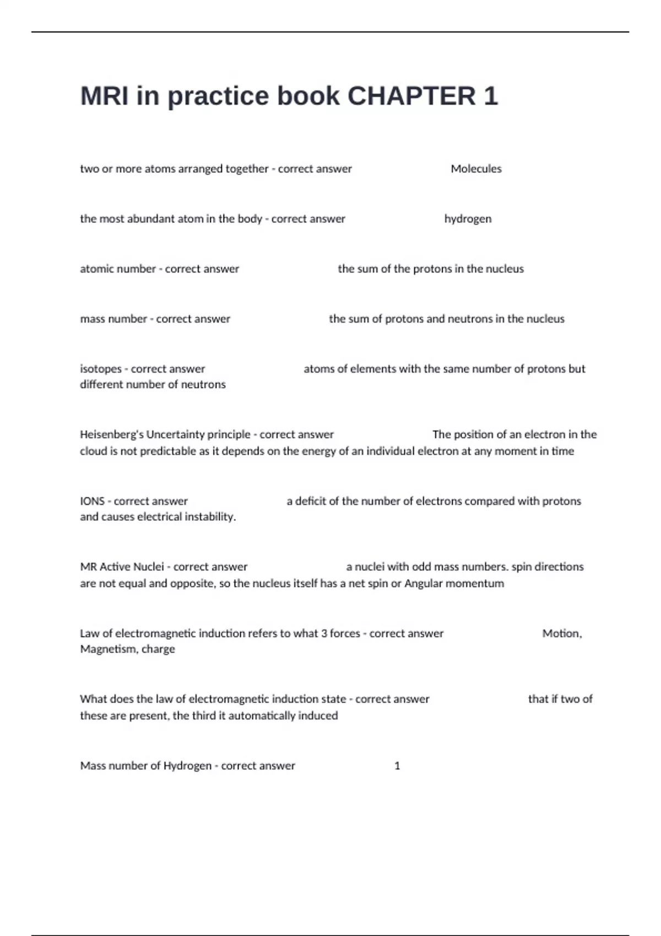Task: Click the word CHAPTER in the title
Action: coord(411,96)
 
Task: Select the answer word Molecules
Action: coord(476,169)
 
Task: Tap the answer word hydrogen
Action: coord(468,219)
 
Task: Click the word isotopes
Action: coord(100,369)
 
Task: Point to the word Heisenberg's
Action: coord(111,434)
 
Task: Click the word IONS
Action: coord(92,501)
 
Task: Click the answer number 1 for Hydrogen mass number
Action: coord(397,766)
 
